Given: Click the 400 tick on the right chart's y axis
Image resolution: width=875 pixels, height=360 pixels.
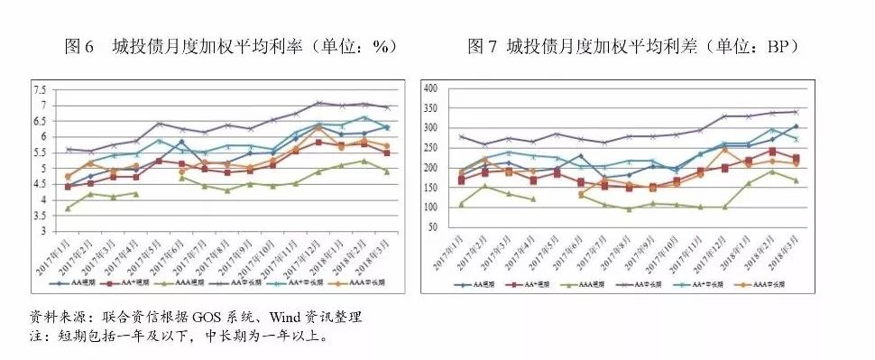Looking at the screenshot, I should pos(429,88).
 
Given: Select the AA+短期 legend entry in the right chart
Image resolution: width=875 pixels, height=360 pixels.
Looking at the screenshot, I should pos(541,285).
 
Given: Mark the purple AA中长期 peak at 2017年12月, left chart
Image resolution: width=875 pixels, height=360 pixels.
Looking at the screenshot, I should pos(318,103).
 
